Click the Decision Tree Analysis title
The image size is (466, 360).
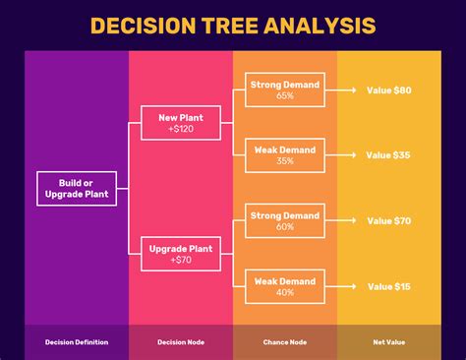click(x=232, y=26)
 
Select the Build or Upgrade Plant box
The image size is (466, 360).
click(x=77, y=188)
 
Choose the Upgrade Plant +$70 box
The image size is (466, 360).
click(x=180, y=254)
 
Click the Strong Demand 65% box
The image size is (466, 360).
click(x=285, y=90)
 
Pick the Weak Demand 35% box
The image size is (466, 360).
click(x=285, y=154)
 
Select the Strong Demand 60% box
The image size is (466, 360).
click(x=285, y=221)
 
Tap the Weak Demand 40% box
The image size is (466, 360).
click(x=285, y=286)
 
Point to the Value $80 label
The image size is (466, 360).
click(x=388, y=90)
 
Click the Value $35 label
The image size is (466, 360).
click(x=388, y=154)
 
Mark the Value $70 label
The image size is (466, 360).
click(x=388, y=221)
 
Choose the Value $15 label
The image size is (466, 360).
click(x=388, y=286)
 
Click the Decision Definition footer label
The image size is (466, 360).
click(x=77, y=342)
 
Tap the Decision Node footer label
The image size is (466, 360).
click(x=180, y=342)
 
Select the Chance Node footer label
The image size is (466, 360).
click(x=285, y=342)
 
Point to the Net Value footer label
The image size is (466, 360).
click(x=388, y=342)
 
